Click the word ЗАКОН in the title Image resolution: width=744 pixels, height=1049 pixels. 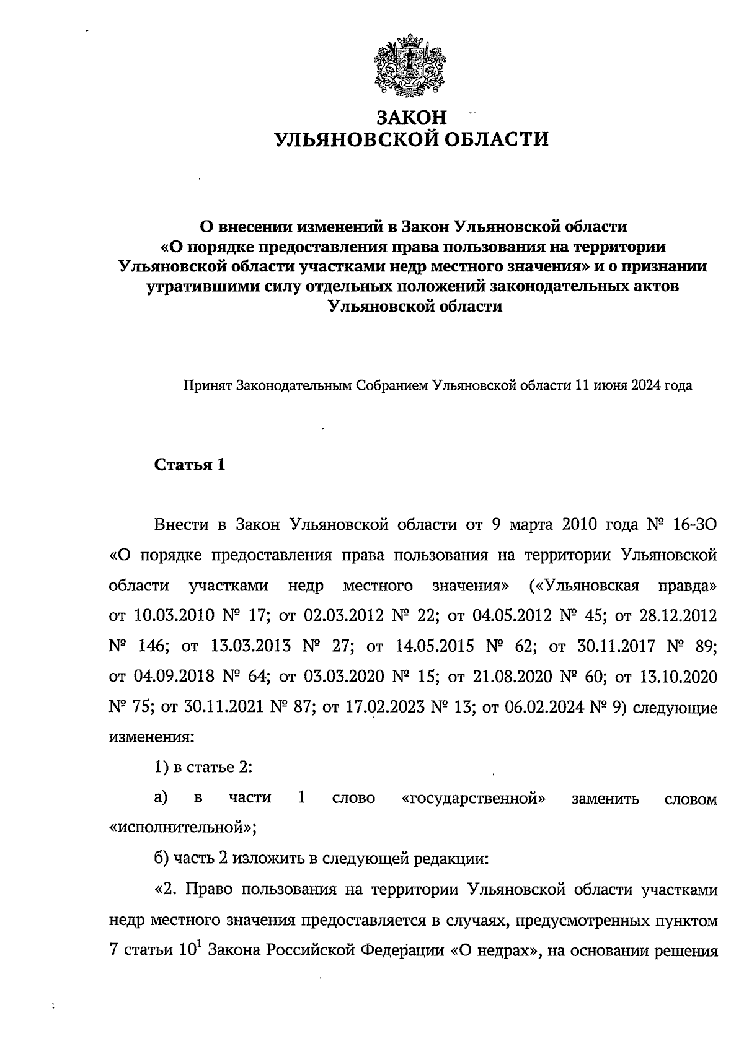(412, 117)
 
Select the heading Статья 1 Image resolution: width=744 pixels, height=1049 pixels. (189, 465)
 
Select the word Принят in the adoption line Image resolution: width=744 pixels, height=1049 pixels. (207, 386)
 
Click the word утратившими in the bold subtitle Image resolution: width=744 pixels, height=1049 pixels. (200, 287)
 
